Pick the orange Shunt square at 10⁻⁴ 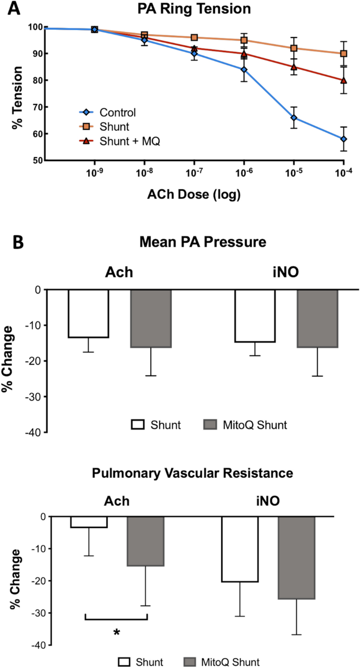(x=344, y=54)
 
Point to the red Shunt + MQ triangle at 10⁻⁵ (x=294, y=67)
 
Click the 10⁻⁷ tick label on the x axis (x=194, y=175)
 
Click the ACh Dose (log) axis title (x=194, y=195)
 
